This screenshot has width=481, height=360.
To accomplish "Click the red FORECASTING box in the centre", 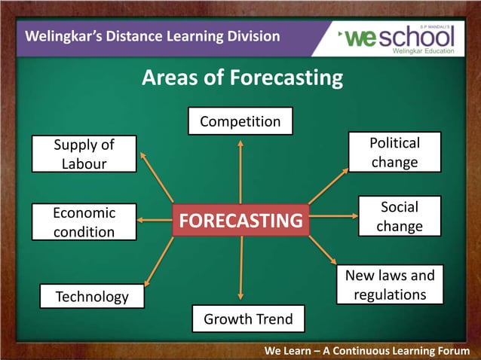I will click(x=240, y=220).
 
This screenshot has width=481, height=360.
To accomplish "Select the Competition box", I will click(x=240, y=121).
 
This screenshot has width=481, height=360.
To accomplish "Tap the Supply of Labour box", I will click(x=84, y=153).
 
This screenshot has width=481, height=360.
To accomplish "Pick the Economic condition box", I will click(x=84, y=222).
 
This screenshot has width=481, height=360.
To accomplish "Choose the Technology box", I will click(x=92, y=297).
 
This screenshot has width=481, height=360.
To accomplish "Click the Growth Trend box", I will click(x=248, y=319).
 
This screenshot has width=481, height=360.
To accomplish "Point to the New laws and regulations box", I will click(x=390, y=285).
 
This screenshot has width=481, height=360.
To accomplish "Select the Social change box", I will click(x=399, y=216).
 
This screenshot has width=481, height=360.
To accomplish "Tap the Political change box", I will click(x=394, y=152).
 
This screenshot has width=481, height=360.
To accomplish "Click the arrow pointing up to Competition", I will click(x=240, y=169).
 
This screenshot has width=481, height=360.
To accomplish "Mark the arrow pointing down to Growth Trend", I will click(x=240, y=267).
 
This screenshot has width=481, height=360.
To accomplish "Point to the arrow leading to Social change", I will click(x=334, y=217).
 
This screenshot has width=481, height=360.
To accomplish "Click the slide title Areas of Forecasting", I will click(x=242, y=78).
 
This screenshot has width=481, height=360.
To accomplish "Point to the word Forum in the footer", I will click(x=449, y=351).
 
